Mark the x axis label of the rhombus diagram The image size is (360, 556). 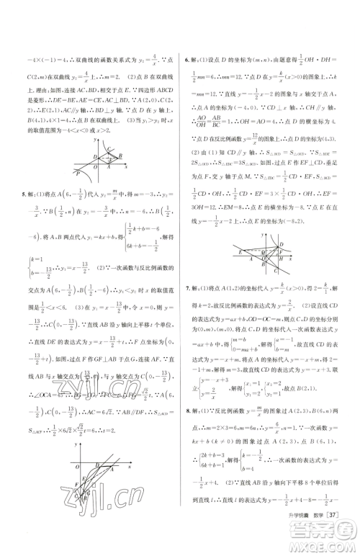point(126,167)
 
